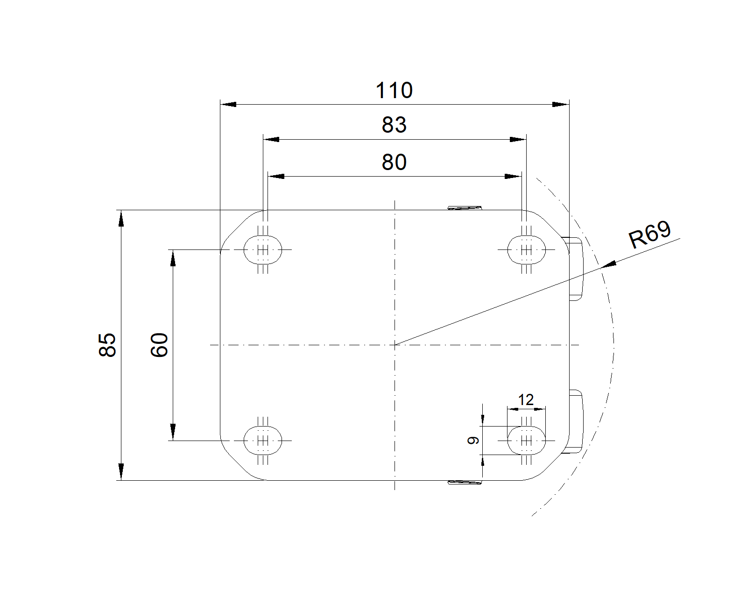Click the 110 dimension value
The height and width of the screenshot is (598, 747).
[394, 90]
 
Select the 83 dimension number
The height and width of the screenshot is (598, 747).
[394, 125]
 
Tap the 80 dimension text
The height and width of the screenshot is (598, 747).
[394, 162]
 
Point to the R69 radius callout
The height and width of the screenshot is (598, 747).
[649, 235]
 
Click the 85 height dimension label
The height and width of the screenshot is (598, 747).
[107, 345]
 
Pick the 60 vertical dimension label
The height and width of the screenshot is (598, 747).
[159, 345]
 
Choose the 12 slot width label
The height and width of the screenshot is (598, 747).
[526, 400]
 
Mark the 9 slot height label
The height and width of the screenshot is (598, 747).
[473, 440]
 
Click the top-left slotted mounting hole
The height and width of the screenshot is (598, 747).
[263, 250]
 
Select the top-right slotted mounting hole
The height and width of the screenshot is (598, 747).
[526, 250]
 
